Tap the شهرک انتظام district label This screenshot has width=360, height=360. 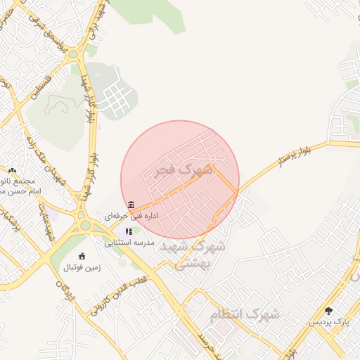[x=245, y=314]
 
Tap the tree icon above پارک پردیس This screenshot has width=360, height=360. [x=328, y=310]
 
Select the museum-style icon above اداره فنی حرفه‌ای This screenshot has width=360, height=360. [x=131, y=204]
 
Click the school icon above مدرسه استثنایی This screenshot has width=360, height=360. [x=129, y=231]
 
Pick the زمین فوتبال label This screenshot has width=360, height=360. [x=83, y=267]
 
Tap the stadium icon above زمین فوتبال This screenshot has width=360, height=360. [x=83, y=256]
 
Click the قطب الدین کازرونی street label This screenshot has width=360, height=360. [x=113, y=299]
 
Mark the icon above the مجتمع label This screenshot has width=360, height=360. [x=12, y=170]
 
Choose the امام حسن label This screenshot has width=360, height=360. [x=21, y=191]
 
